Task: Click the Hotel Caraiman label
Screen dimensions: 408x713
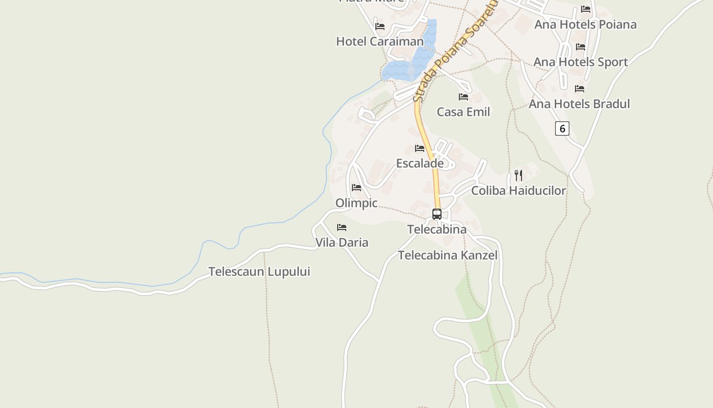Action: tap(379, 41)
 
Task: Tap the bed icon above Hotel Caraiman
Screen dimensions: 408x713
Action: tap(380, 27)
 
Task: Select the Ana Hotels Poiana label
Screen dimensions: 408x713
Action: tap(585, 24)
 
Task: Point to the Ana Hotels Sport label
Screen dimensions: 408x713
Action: tap(581, 62)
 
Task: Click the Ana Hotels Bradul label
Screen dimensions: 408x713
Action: tap(579, 104)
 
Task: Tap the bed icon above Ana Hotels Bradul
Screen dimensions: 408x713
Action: tap(580, 89)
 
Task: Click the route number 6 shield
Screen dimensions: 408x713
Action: tap(562, 129)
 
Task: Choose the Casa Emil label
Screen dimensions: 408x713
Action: tap(463, 112)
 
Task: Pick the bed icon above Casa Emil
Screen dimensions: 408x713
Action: tap(463, 97)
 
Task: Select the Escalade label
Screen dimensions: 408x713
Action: tap(420, 164)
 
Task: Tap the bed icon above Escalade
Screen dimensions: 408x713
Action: tap(420, 148)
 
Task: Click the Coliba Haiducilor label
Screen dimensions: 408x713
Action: tap(518, 191)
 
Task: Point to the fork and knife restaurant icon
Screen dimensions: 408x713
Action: tap(518, 175)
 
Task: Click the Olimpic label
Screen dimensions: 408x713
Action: tap(356, 203)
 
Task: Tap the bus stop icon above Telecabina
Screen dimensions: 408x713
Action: tap(437, 214)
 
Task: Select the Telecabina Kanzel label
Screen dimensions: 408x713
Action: tap(448, 256)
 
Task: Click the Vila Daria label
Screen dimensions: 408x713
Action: tap(342, 243)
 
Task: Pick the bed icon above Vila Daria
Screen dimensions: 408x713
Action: tap(342, 227)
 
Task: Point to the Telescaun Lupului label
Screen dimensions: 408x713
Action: tap(259, 272)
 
